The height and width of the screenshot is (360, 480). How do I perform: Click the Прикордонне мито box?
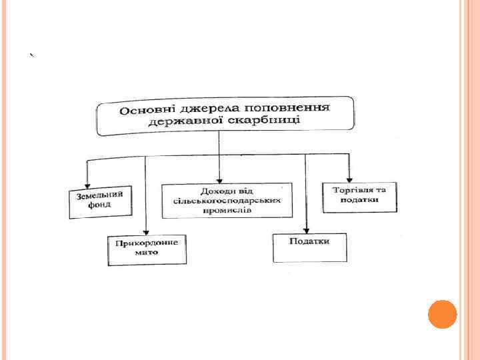tap(147, 250)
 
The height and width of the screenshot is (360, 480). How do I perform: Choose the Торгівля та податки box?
tap(359, 197)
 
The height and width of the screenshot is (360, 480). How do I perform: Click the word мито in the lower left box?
tap(147, 254)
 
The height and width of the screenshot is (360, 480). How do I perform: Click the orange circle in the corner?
tap(442, 314)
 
